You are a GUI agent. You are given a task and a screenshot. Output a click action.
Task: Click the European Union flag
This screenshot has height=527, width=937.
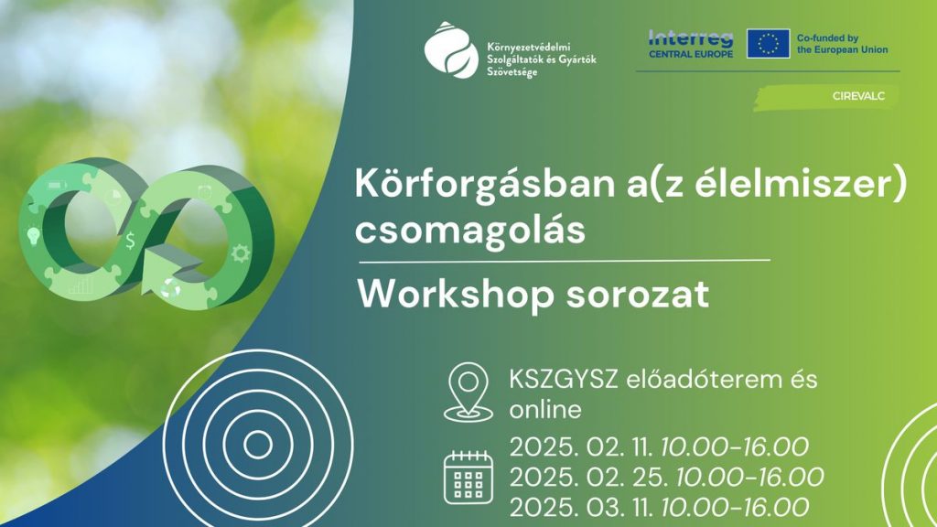[x=768, y=44]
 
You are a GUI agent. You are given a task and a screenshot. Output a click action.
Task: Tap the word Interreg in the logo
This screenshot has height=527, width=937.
[x=691, y=38]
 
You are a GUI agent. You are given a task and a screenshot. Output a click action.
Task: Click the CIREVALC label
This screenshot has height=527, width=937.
[x=858, y=96]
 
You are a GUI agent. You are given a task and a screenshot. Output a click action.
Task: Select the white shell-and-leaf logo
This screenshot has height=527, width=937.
[x=451, y=50]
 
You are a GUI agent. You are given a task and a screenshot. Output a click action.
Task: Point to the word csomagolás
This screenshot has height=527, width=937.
[x=469, y=231]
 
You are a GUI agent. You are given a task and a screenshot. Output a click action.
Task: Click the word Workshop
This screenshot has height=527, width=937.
[x=457, y=295]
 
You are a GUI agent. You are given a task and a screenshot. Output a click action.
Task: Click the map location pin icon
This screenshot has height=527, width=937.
[x=468, y=392]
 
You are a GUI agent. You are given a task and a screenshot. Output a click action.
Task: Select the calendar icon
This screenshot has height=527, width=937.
[x=468, y=477]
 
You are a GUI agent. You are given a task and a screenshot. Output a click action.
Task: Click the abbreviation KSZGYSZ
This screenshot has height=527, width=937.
[x=563, y=380]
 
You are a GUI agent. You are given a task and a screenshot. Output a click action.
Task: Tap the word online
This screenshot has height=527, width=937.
[x=545, y=410]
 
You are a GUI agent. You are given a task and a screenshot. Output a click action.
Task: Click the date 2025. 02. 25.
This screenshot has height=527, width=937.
[x=588, y=477]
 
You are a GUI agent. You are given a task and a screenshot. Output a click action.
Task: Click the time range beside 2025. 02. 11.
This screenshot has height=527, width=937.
[x=735, y=446]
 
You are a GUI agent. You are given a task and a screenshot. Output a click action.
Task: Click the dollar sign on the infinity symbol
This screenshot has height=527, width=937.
[x=130, y=241]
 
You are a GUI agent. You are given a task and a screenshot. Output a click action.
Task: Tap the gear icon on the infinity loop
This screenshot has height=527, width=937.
[x=241, y=253]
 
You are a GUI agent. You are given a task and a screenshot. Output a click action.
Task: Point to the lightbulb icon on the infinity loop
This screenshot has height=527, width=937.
[x=34, y=235]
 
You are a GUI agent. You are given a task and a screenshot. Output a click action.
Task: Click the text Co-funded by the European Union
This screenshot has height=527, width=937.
[x=842, y=44]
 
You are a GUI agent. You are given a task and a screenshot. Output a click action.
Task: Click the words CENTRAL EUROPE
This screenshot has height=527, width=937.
[x=691, y=54]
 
